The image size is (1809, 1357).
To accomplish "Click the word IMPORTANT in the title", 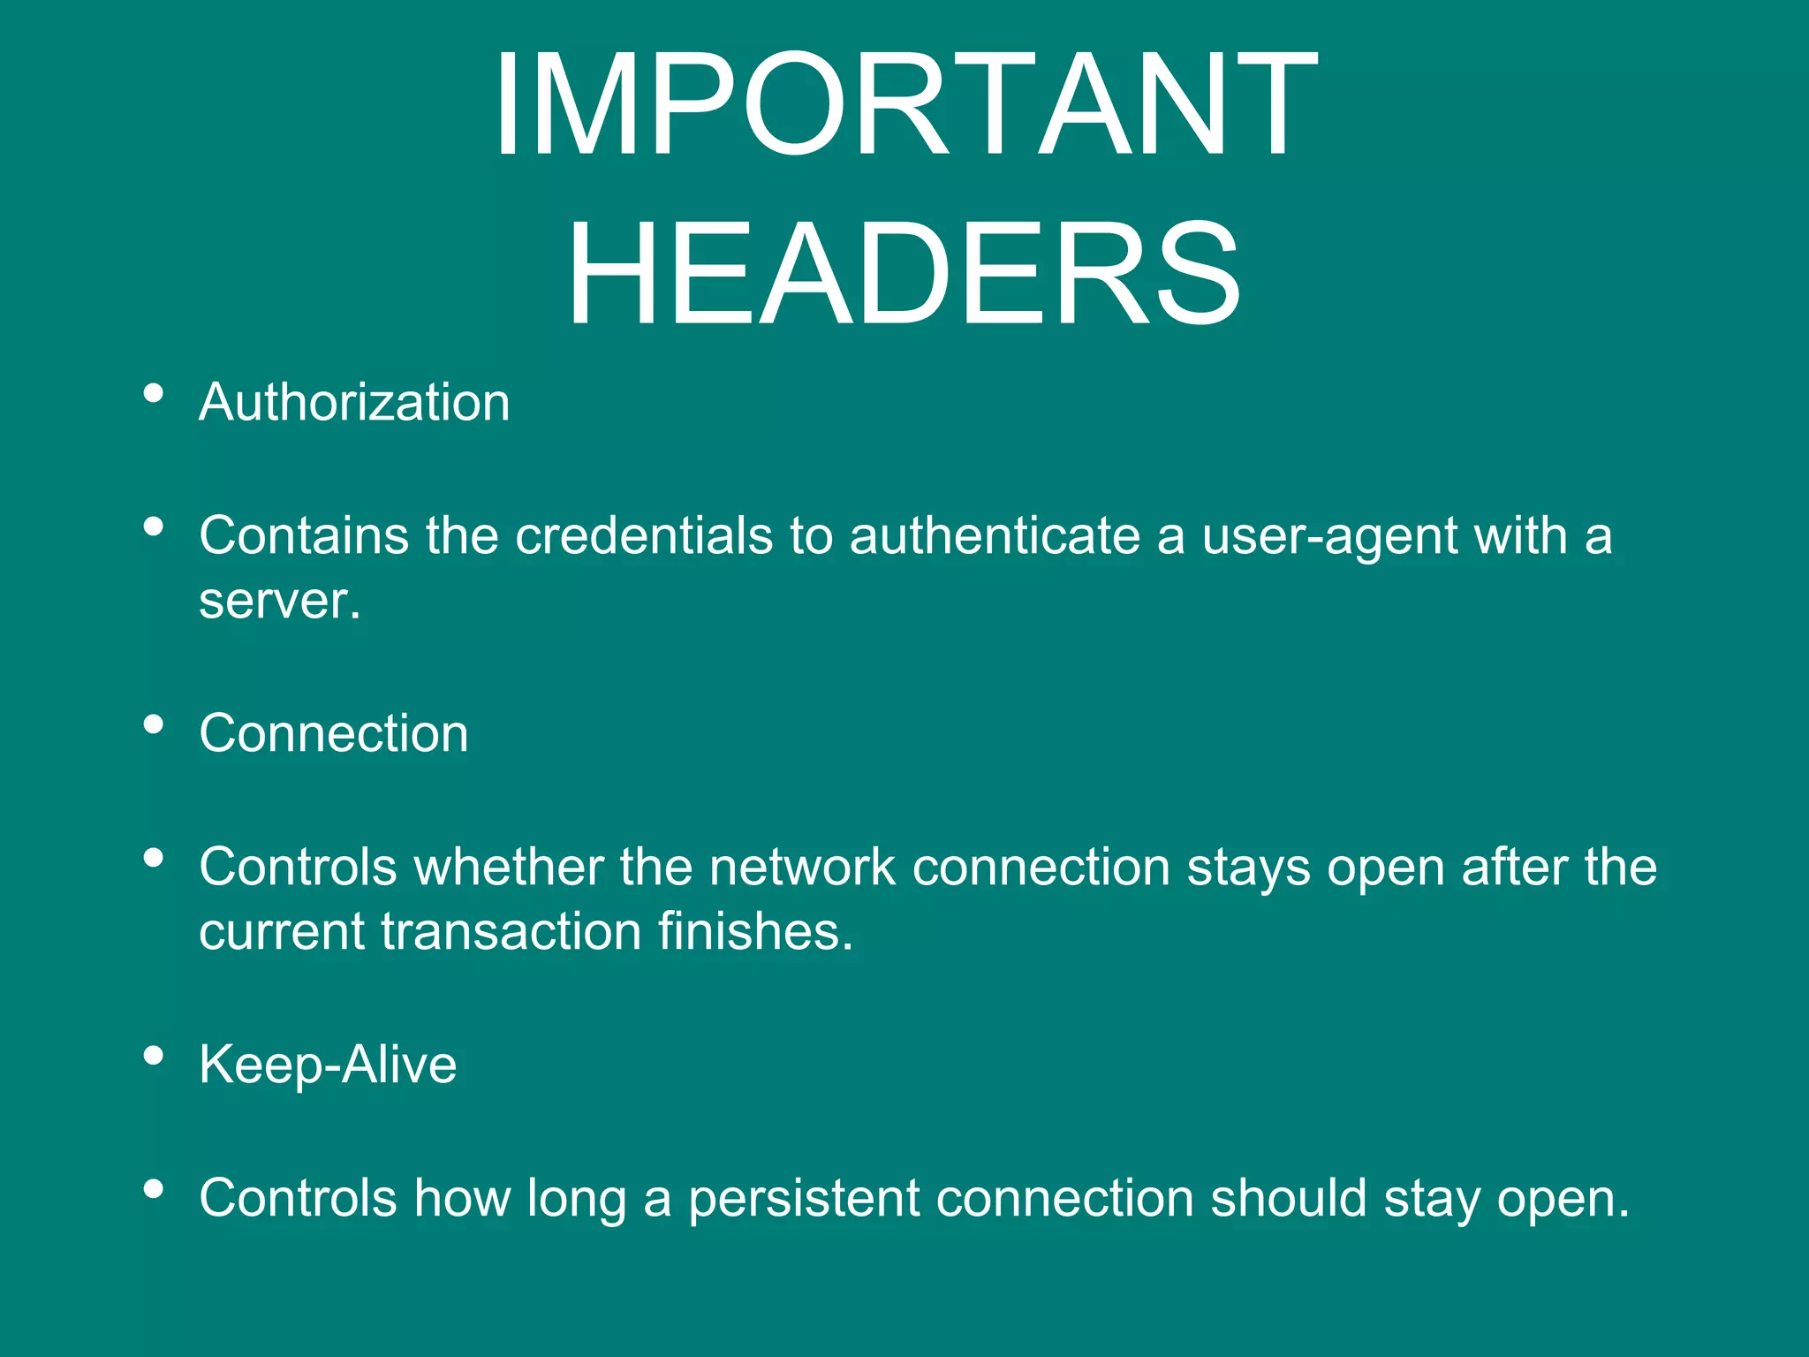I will point(904,106).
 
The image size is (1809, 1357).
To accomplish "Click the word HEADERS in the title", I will point(904,276).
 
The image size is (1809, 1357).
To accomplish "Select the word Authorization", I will point(354,403).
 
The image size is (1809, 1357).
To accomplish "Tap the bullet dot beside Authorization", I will point(154,393).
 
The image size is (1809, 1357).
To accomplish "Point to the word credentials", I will point(644,535).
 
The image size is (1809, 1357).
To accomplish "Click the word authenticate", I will point(995,535).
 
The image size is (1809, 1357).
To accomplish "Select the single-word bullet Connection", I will point(333,733).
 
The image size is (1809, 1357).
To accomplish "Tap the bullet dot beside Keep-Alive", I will point(154,1055).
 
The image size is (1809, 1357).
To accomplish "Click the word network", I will point(802,867).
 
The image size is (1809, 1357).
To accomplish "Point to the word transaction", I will point(511,932).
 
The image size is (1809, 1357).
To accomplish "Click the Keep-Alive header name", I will point(328,1065).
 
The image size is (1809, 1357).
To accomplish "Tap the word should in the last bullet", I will point(1289,1198).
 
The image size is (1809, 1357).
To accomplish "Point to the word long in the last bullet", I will point(576,1200).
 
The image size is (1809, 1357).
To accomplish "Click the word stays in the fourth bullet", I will point(1249,868).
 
